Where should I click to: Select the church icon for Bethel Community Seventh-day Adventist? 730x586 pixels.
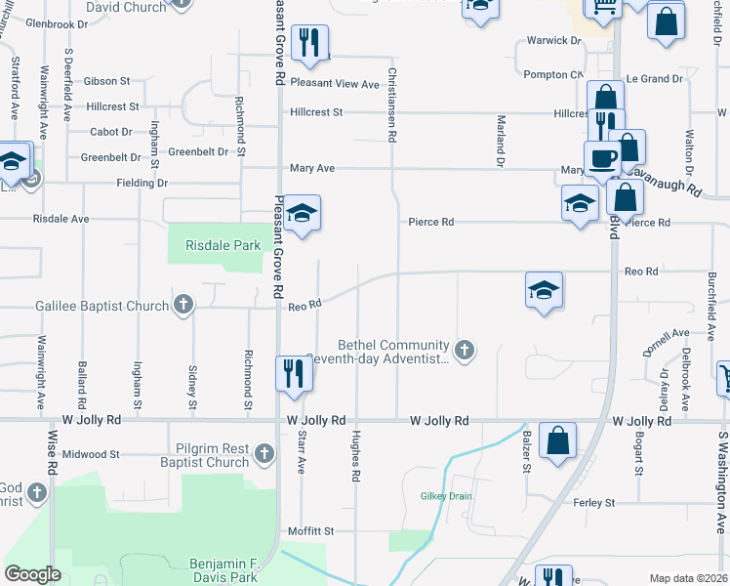point(466,350)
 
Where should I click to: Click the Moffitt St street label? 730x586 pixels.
point(311,531)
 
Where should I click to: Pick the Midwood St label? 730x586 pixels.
point(90,454)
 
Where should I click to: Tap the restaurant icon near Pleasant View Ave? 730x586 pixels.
point(309,42)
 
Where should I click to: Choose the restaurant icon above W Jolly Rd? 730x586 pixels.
point(291,372)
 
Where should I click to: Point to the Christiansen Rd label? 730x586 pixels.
point(392,102)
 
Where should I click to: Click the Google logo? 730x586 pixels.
point(32,574)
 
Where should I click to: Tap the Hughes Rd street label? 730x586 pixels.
point(357,455)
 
